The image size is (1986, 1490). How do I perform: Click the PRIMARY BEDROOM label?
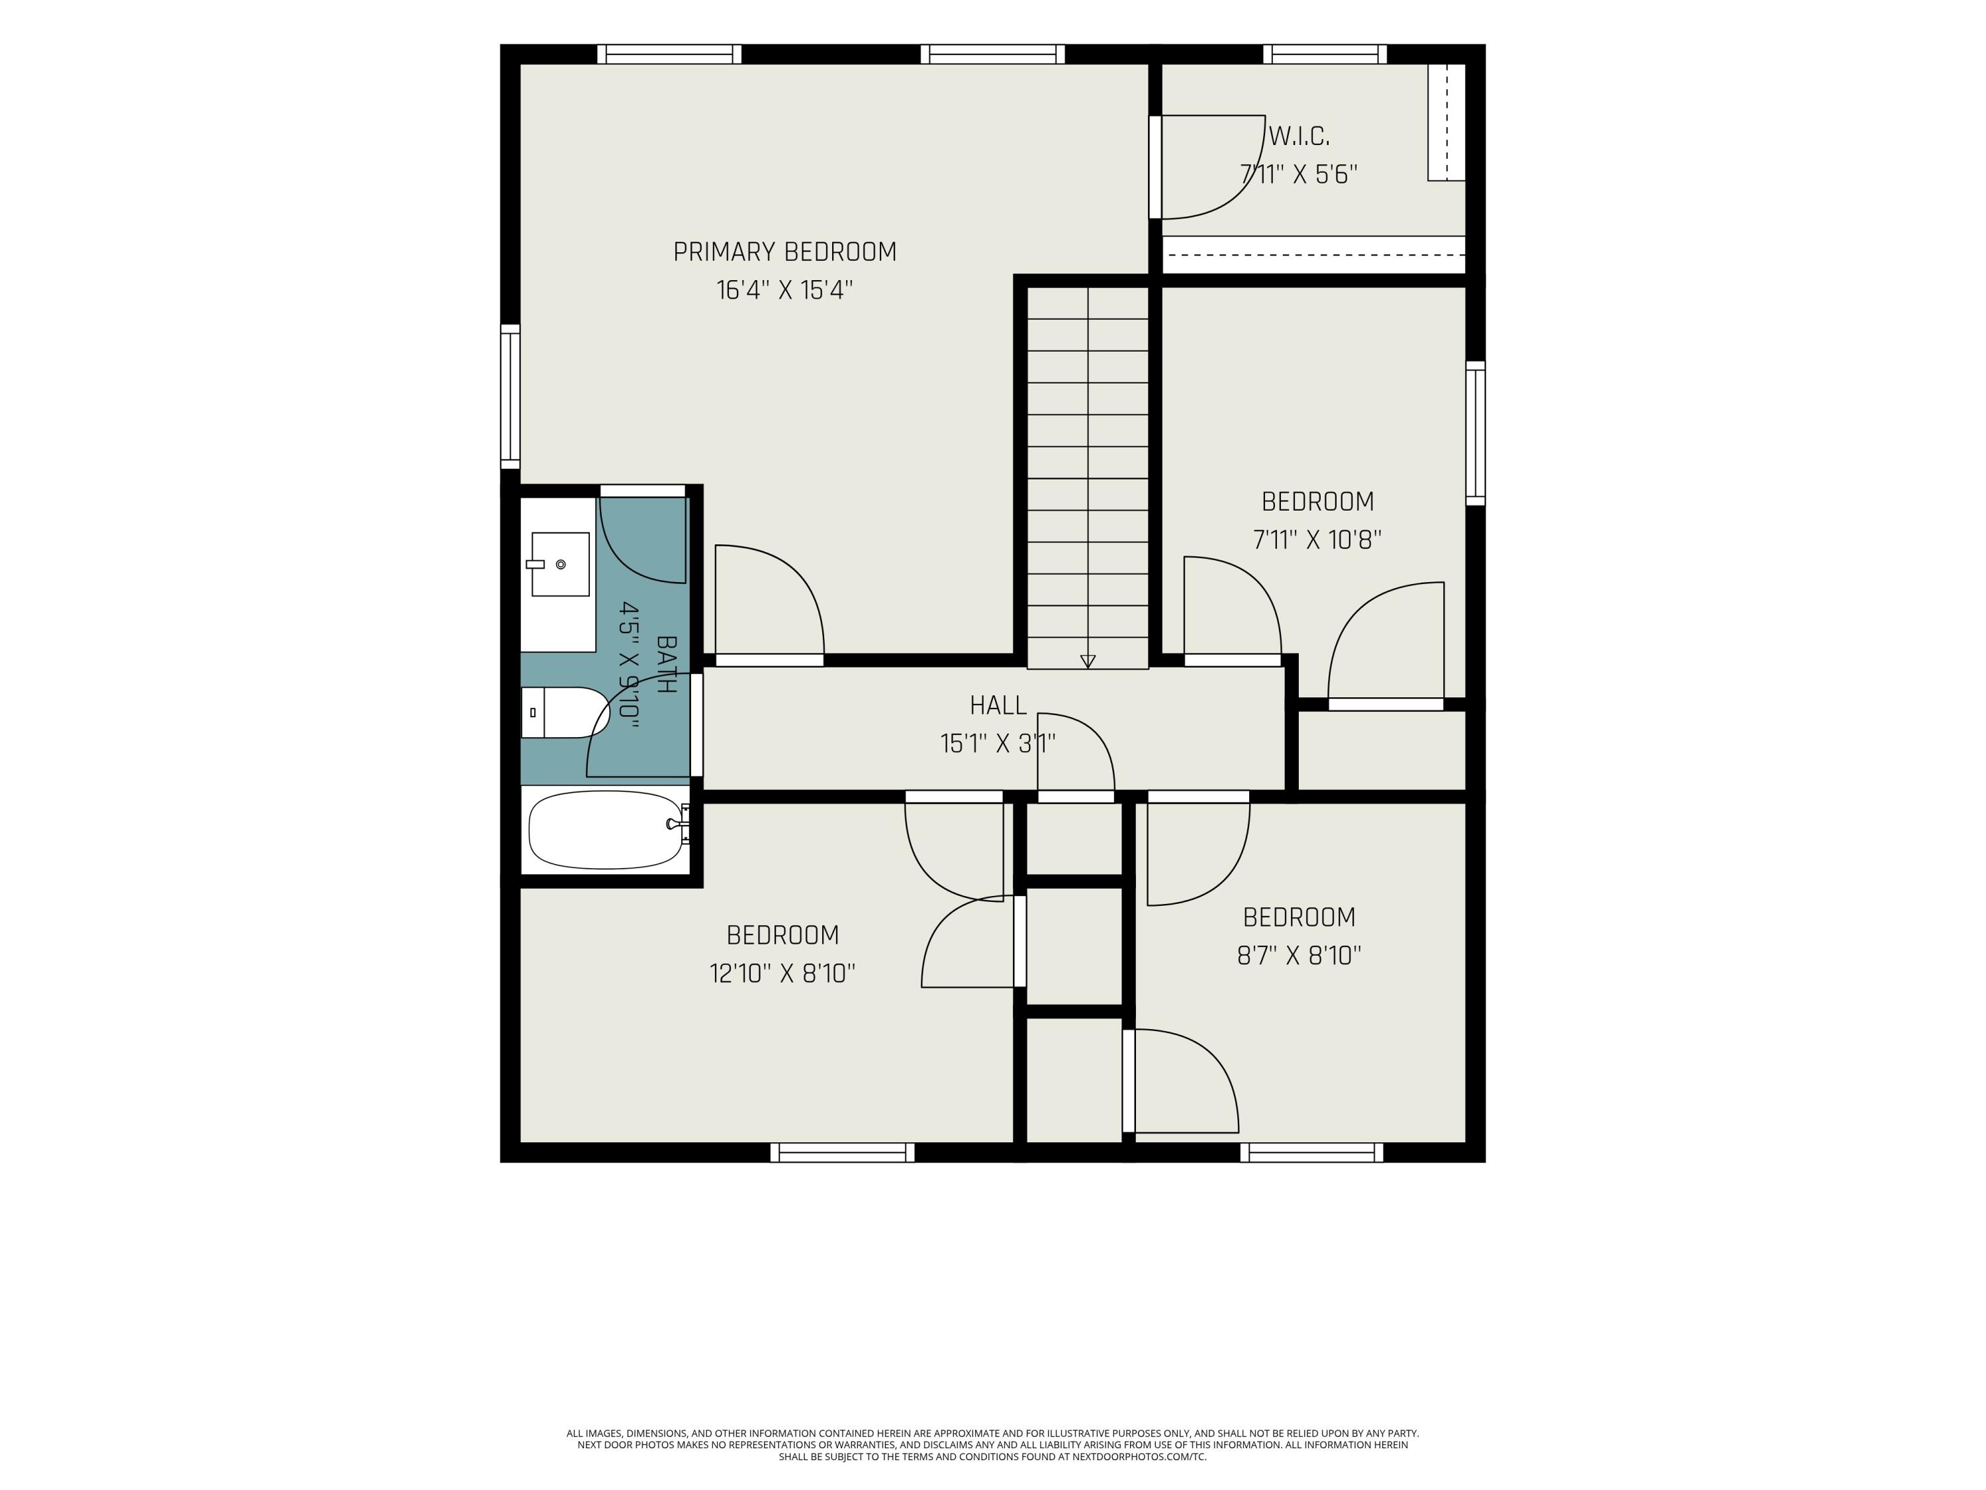click(x=784, y=252)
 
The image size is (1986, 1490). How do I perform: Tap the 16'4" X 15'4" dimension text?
click(x=784, y=290)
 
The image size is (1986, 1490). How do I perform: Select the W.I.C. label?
click(x=1298, y=136)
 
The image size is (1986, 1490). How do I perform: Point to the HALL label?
click(x=998, y=705)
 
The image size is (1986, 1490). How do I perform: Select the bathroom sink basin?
click(x=560, y=564)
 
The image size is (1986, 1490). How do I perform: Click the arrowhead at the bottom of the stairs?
click(x=1088, y=662)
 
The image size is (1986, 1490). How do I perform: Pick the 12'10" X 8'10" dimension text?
click(x=782, y=973)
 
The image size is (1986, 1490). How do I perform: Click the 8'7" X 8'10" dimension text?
click(x=1299, y=955)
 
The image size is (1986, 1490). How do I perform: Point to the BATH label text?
click(x=666, y=665)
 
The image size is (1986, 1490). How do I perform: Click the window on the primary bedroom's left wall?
click(x=510, y=396)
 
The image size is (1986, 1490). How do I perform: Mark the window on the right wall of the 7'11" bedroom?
click(x=1475, y=433)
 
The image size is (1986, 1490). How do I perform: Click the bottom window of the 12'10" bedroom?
click(x=842, y=1152)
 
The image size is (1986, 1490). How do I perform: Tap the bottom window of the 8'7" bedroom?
click(x=1311, y=1152)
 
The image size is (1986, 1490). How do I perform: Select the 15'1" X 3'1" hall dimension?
click(x=998, y=744)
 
